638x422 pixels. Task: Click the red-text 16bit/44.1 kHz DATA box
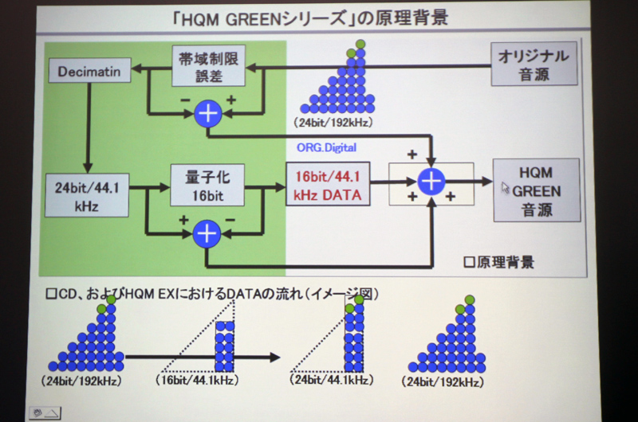(328, 184)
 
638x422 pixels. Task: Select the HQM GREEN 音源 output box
(536, 190)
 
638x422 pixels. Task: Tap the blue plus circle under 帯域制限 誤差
(208, 113)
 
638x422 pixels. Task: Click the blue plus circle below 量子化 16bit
(207, 232)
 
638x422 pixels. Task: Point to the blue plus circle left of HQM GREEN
(431, 182)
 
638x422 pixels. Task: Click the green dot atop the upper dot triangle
(361, 43)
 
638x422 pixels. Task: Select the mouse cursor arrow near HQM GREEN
(505, 188)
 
